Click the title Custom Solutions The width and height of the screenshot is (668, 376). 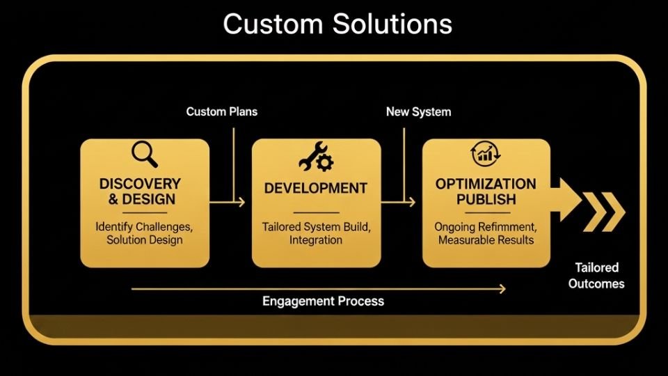tap(337, 24)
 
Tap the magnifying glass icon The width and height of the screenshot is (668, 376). tap(144, 155)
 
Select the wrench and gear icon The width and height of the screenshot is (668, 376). tap(316, 157)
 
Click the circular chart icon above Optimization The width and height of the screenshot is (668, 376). tap(486, 155)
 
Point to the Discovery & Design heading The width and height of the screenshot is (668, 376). tap(140, 191)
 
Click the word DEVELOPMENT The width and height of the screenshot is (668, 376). tap(316, 188)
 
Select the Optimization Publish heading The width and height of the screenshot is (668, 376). tap(486, 191)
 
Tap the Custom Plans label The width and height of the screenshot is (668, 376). tap(221, 111)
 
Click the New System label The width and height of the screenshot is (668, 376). tap(418, 111)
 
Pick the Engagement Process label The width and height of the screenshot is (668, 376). tap(323, 301)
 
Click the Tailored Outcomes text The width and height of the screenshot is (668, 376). tap(596, 276)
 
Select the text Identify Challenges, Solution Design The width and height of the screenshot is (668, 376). tap(145, 233)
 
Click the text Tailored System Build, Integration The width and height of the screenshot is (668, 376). tap(316, 233)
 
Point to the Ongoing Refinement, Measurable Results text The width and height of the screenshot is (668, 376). tap(486, 233)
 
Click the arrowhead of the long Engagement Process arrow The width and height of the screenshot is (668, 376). tap(502, 288)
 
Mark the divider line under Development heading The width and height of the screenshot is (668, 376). tap(316, 212)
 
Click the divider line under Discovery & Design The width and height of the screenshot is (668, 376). tap(145, 212)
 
